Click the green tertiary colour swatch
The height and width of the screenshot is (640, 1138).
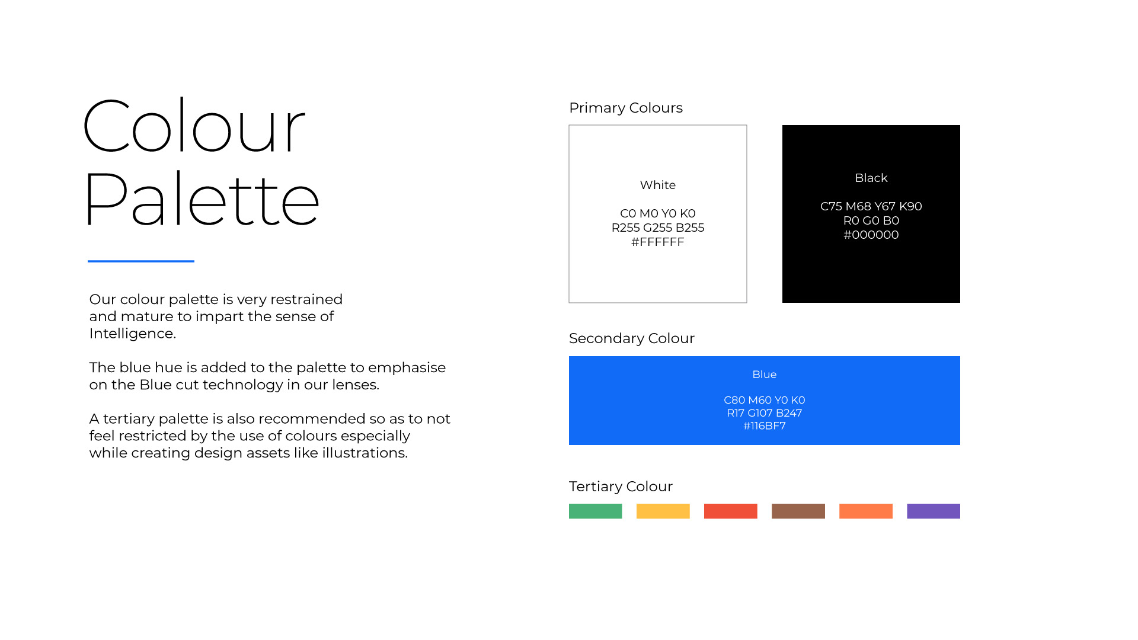point(595,511)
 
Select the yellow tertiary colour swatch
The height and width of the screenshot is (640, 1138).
point(663,511)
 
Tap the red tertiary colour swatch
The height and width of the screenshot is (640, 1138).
point(730,511)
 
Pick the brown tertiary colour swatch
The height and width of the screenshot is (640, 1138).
point(798,511)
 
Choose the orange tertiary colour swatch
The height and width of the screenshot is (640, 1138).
point(865,511)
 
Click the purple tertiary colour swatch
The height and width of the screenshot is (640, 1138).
point(933,511)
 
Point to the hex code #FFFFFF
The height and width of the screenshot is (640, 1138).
point(658,242)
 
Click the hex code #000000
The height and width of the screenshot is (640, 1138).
point(871,235)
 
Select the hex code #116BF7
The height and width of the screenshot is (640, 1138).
point(765,425)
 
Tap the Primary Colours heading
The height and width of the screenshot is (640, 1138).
point(626,108)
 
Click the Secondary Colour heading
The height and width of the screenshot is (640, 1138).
point(632,338)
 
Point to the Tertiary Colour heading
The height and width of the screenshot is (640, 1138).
point(621,487)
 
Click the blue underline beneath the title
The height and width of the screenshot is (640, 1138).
point(141,261)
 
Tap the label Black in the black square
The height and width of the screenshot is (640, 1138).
point(871,178)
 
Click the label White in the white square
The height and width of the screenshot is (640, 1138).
point(658,185)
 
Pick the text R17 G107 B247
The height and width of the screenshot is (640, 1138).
point(765,413)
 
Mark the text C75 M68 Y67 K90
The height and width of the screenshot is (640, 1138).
point(871,206)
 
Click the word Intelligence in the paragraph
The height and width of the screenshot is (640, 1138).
point(132,334)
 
